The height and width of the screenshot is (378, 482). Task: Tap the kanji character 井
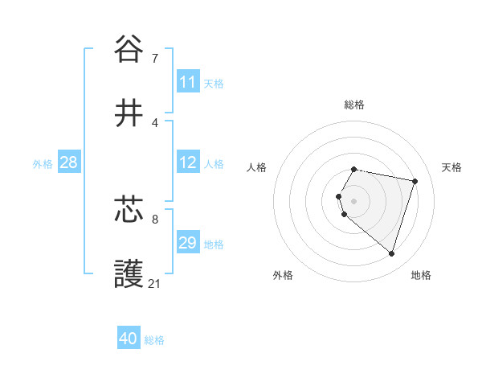129,113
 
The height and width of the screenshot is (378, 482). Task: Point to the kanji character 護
129,274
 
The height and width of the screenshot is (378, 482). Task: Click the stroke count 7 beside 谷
155,58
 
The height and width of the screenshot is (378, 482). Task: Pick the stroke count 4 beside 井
155,123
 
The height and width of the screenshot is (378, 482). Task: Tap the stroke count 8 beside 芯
155,218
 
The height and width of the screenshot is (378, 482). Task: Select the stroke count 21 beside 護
155,284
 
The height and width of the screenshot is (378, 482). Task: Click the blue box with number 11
188,82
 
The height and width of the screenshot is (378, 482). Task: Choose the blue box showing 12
188,162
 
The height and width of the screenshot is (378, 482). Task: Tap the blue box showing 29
188,243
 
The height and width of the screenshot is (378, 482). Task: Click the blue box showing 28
69,162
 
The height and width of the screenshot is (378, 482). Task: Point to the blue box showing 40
129,339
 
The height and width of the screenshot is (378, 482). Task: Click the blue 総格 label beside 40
154,340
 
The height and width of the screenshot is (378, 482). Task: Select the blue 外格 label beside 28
43,164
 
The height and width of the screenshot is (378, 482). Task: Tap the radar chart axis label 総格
354,105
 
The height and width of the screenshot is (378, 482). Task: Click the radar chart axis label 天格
452,167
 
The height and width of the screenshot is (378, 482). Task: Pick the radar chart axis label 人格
257,167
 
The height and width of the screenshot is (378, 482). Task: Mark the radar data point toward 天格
415,181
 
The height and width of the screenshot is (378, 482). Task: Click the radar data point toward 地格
391,253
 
